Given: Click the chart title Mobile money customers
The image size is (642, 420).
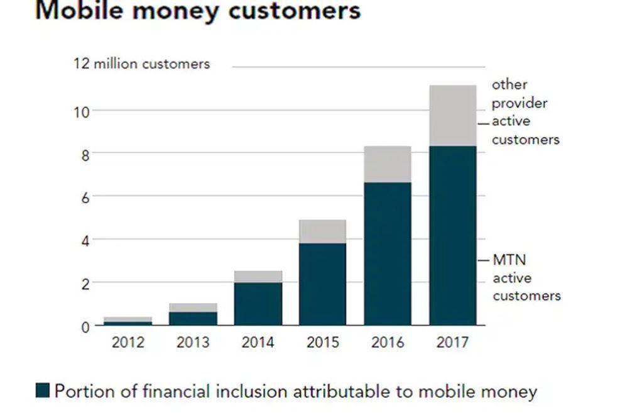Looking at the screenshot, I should pyautogui.click(x=198, y=11).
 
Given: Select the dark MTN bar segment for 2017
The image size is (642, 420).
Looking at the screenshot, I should pyautogui.click(x=452, y=236).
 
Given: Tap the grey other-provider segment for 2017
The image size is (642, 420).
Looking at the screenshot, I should pyautogui.click(x=452, y=116).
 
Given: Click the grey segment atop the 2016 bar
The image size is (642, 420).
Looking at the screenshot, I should pyautogui.click(x=388, y=164).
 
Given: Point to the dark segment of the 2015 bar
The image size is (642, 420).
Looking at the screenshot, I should pyautogui.click(x=322, y=284).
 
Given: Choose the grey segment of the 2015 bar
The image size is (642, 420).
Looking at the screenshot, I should pyautogui.click(x=322, y=231).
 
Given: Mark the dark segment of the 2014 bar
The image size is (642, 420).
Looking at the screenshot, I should pyautogui.click(x=258, y=304).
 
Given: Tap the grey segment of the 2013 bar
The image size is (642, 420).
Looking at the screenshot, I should pyautogui.click(x=193, y=307).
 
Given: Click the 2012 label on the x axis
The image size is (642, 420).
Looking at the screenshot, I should pyautogui.click(x=128, y=343).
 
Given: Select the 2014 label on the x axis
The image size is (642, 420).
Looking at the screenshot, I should pyautogui.click(x=258, y=343).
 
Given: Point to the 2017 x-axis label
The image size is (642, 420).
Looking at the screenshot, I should pyautogui.click(x=452, y=343).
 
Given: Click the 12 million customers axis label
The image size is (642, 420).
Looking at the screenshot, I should pyautogui.click(x=142, y=64).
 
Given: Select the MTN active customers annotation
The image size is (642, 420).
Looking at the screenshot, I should pyautogui.click(x=526, y=278).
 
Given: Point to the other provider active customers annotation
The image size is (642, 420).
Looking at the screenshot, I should pyautogui.click(x=525, y=112).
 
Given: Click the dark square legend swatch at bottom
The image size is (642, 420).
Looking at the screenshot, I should pyautogui.click(x=42, y=390).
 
